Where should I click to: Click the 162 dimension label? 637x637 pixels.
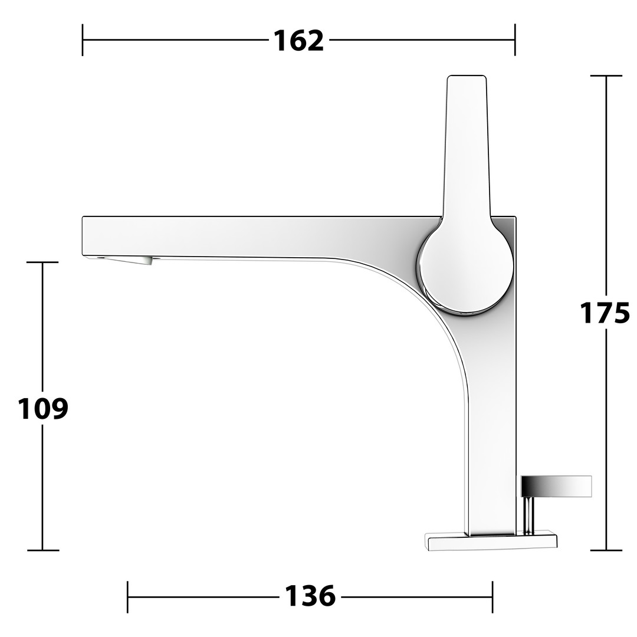299,41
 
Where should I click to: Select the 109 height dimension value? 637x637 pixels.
43,408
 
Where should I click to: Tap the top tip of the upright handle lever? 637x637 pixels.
467,76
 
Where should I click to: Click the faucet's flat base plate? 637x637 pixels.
491,541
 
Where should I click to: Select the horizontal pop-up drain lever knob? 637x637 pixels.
556,486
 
